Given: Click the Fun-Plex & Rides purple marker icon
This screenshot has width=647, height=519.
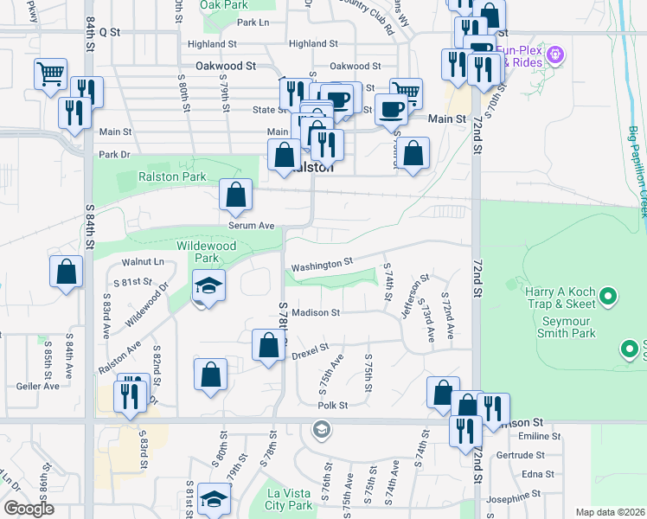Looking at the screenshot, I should tap(555, 54).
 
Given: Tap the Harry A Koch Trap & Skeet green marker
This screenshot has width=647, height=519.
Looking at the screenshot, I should tap(608, 298).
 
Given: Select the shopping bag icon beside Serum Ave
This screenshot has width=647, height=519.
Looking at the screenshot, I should tap(235, 195).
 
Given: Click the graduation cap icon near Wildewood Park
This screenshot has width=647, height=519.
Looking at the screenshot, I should tap(208, 285).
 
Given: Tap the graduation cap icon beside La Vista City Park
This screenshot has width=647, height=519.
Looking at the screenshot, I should tap(214, 498).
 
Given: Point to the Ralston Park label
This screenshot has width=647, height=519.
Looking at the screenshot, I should tap(173, 176).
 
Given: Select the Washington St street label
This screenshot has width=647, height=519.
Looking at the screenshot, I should tap(322, 264).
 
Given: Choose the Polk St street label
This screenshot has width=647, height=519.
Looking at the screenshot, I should tap(332, 405).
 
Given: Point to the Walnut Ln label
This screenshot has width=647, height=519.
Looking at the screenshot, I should tap(143, 261).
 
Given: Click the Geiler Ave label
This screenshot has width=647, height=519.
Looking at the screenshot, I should tap(37, 386).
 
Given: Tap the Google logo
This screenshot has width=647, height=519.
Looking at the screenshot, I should tap(29, 509).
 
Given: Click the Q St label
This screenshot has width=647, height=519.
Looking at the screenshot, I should tap(109, 31).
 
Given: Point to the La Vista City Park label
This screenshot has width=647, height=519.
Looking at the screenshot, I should tap(288, 499).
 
